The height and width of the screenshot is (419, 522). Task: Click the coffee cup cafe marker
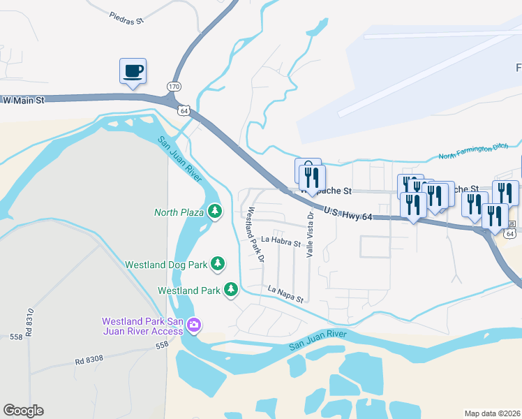(x=133, y=71)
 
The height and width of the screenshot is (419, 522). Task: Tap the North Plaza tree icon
(x=215, y=211)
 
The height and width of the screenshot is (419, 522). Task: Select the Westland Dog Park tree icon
(x=219, y=263)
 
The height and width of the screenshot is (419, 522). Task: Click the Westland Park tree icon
(x=232, y=289)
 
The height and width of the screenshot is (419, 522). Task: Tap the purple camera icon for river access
(x=194, y=325)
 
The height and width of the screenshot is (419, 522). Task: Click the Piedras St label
(x=126, y=17)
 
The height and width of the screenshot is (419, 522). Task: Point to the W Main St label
(x=23, y=101)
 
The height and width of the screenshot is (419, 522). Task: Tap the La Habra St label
(x=281, y=243)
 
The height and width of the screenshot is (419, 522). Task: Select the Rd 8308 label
(x=89, y=360)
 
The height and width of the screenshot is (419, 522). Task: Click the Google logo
(x=23, y=411)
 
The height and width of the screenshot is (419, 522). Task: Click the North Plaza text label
(x=179, y=212)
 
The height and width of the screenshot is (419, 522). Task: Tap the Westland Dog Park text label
(x=166, y=265)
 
